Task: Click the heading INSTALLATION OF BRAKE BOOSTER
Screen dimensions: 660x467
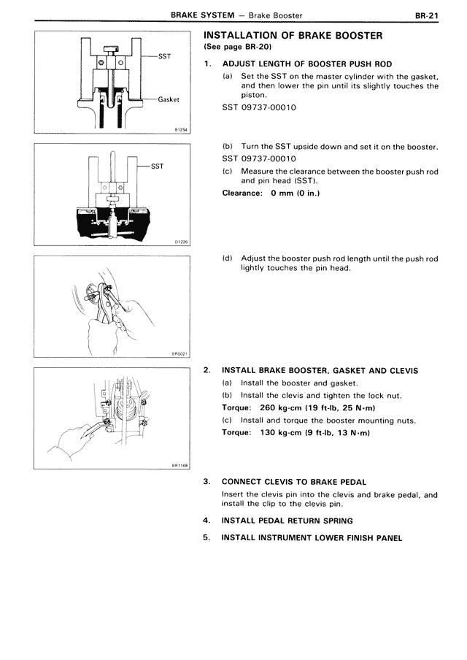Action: pos(292,36)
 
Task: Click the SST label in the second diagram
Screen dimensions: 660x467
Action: pos(157,166)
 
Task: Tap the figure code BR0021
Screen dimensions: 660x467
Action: pos(180,354)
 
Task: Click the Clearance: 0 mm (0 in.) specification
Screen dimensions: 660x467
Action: pos(271,193)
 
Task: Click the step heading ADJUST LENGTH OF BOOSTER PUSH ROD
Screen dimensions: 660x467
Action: pos(306,64)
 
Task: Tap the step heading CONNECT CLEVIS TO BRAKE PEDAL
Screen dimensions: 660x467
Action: pos(293,482)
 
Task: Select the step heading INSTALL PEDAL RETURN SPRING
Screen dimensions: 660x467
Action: pos(287,521)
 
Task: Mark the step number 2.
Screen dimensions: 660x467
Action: pos(207,371)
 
